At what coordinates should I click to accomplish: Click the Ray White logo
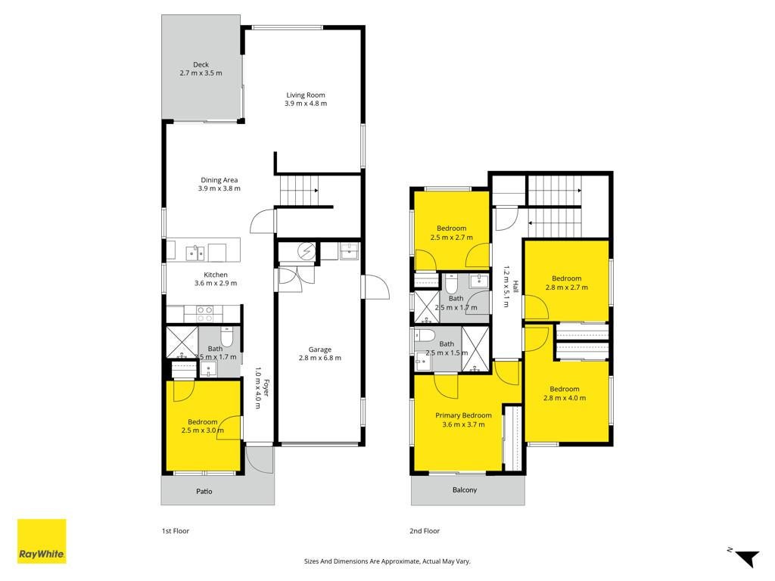pyautogui.click(x=42, y=541)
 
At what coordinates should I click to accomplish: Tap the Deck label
pyautogui.click(x=201, y=65)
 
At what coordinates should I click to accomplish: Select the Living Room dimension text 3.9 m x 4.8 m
pyautogui.click(x=306, y=104)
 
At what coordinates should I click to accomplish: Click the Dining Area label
pyautogui.click(x=219, y=180)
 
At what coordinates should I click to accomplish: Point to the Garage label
pyautogui.click(x=320, y=350)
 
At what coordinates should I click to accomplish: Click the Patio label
pyautogui.click(x=204, y=491)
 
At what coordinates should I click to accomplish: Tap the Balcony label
pyautogui.click(x=465, y=489)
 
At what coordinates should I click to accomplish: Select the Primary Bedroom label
pyautogui.click(x=463, y=415)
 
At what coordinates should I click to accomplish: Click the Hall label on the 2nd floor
pyautogui.click(x=515, y=287)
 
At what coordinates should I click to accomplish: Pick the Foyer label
pyautogui.click(x=266, y=387)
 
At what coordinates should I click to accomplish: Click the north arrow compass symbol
pyautogui.click(x=745, y=558)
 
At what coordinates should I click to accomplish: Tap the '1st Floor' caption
pyautogui.click(x=176, y=530)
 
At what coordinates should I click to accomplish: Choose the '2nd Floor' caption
pyautogui.click(x=425, y=530)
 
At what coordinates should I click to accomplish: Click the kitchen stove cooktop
pyautogui.click(x=205, y=314)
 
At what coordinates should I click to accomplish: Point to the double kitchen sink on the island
pyautogui.click(x=195, y=253)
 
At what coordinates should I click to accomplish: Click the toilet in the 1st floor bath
pyautogui.click(x=227, y=336)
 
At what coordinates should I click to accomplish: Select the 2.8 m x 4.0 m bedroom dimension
pyautogui.click(x=565, y=398)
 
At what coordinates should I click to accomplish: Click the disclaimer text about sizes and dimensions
pyautogui.click(x=387, y=561)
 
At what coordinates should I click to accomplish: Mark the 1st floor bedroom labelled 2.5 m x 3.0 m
pyautogui.click(x=203, y=426)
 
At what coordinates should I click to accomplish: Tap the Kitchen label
pyautogui.click(x=216, y=275)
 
